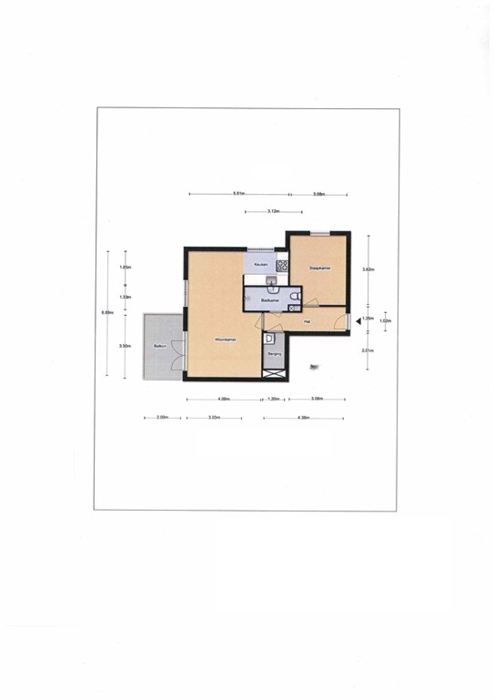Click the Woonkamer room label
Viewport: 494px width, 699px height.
[x=225, y=339]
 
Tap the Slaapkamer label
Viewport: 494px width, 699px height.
[x=318, y=268]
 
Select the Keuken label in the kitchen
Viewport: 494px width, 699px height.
[x=261, y=265]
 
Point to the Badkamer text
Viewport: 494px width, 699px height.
[x=268, y=300]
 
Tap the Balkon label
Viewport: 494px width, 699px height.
[x=159, y=347]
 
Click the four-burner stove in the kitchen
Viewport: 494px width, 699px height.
[x=282, y=266]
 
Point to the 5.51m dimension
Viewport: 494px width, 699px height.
[x=239, y=194]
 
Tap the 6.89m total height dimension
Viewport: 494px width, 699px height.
[x=107, y=313]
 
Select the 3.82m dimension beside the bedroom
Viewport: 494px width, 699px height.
[x=368, y=269]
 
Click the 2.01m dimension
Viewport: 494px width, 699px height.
[x=368, y=350]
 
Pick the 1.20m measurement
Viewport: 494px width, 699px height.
[x=274, y=400]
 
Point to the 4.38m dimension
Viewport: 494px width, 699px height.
[x=304, y=418]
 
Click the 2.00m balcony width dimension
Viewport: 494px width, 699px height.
[x=161, y=418]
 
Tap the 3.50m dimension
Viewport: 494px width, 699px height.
[x=126, y=346]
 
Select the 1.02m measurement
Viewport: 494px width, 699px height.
[x=384, y=320]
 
